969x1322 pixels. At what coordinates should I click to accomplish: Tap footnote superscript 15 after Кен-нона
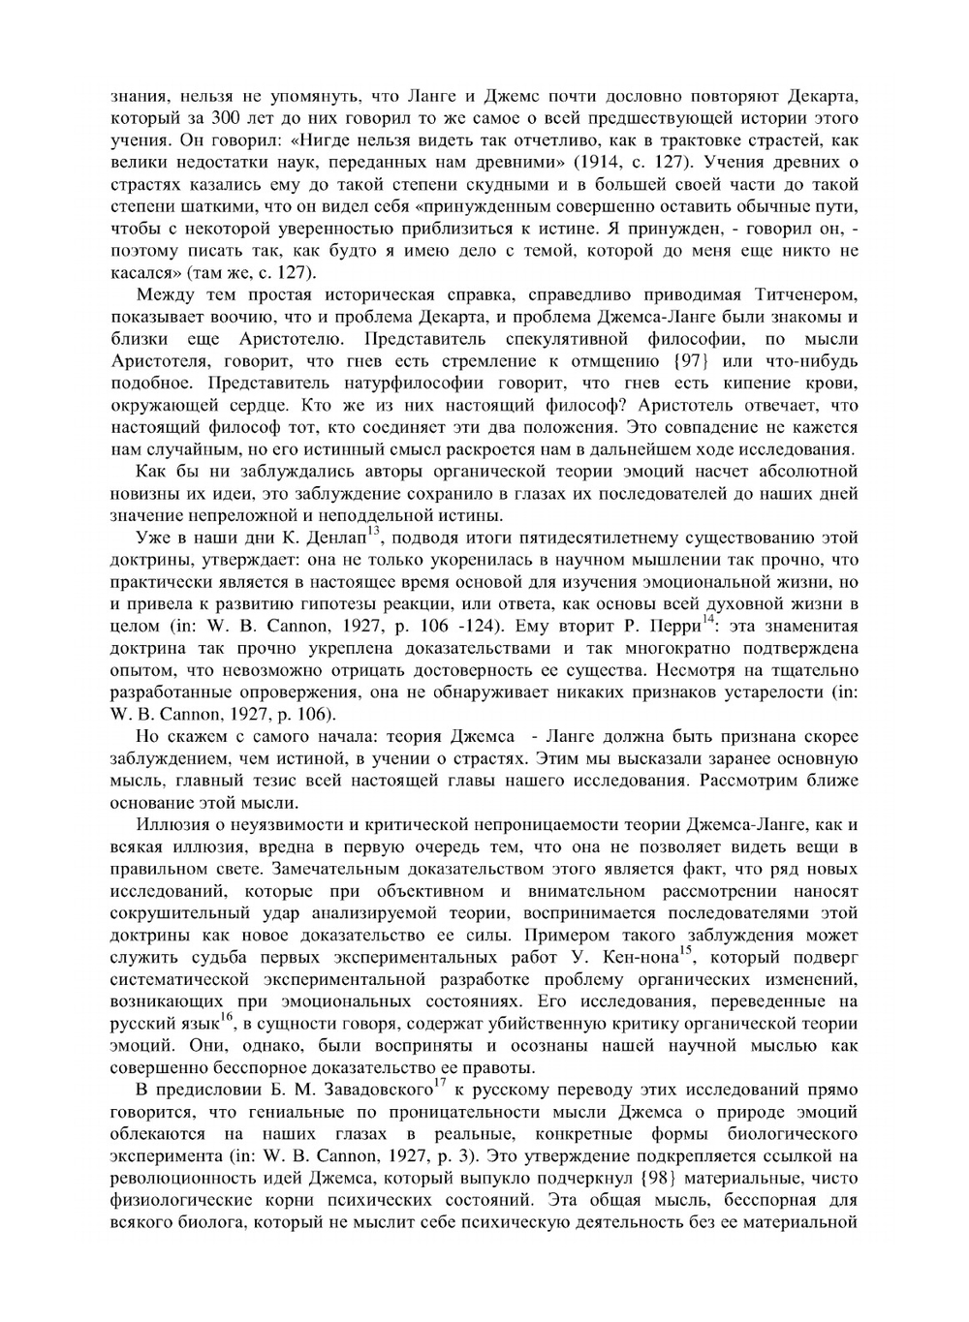point(684,950)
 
